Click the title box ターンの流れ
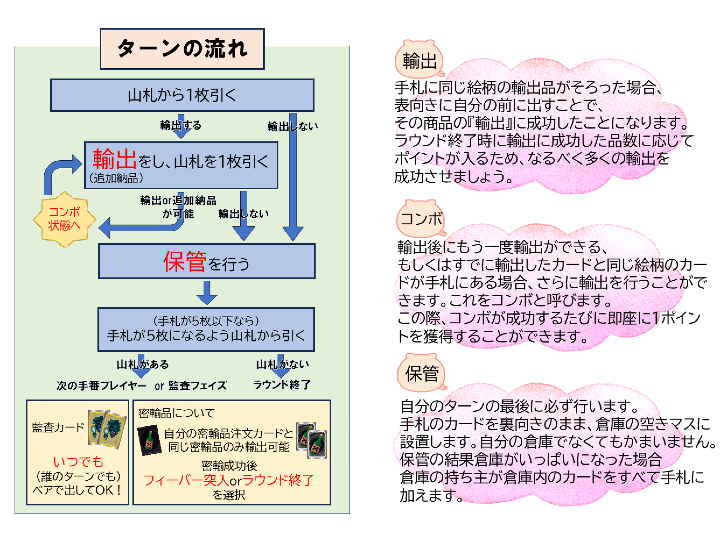(x=182, y=49)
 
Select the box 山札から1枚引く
(x=182, y=95)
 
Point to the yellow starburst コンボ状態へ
(x=64, y=219)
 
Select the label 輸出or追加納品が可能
(x=178, y=207)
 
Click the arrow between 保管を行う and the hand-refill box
(x=206, y=292)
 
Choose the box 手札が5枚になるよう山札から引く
(x=206, y=329)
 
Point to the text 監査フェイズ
(x=197, y=386)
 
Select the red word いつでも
(x=78, y=462)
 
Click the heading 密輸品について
(x=176, y=413)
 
